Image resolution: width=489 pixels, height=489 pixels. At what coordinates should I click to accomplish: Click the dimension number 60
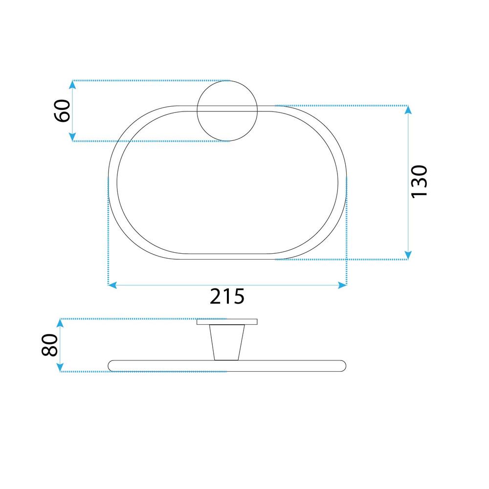[x=63, y=111]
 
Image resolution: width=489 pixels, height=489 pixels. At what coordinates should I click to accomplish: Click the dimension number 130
[x=419, y=181]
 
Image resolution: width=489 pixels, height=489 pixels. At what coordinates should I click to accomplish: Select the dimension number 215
[x=227, y=296]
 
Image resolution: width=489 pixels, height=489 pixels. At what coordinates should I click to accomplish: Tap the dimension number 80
[x=50, y=345]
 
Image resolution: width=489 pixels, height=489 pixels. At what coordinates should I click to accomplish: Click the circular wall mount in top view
[x=227, y=111]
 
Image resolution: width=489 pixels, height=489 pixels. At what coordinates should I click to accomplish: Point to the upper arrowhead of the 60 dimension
[x=72, y=85]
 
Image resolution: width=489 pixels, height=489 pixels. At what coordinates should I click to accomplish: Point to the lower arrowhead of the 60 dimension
[x=72, y=136]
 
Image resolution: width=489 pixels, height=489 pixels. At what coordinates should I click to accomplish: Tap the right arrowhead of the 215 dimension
[x=342, y=285]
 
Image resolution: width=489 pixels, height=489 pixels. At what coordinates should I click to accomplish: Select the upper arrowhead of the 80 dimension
[x=61, y=323]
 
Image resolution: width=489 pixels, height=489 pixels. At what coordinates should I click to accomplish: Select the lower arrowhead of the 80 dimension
[x=61, y=367]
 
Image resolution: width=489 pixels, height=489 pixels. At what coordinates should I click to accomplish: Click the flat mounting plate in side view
[x=227, y=322]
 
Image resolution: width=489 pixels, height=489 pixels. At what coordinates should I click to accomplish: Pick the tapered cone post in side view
[x=227, y=342]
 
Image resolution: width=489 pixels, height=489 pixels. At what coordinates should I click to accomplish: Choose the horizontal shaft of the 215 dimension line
[x=171, y=285]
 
